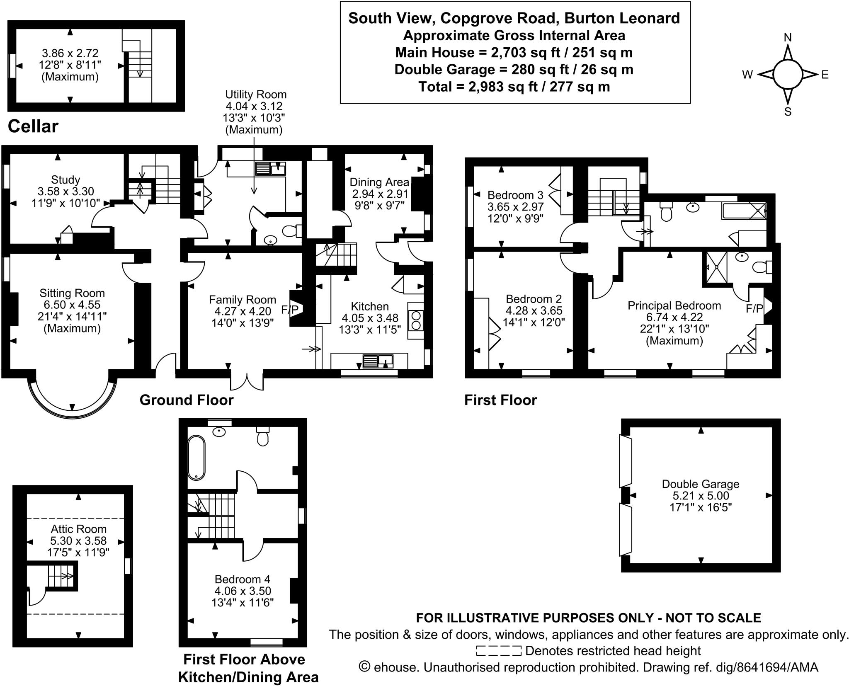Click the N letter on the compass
click(788, 38)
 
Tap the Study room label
click(65, 179)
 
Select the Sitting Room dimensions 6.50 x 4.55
click(72, 305)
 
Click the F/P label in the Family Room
click(289, 309)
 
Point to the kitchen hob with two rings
click(416, 320)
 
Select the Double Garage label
click(700, 484)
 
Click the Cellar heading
click(33, 126)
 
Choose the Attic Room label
click(78, 529)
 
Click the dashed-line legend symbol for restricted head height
click(499, 651)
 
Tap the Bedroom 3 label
click(515, 195)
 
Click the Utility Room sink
click(270, 169)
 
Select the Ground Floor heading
click(187, 400)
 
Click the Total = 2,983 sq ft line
click(514, 87)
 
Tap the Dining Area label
click(379, 182)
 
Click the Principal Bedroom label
click(674, 305)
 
